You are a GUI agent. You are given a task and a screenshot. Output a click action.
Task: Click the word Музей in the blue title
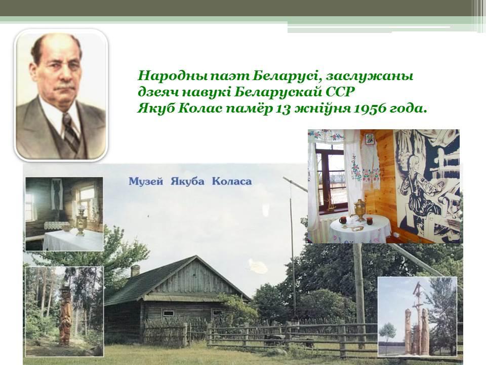pos(146,181)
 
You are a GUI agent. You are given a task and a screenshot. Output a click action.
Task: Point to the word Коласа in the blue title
pos(232,181)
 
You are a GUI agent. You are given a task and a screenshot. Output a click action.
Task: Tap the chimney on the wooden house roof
pos(135,271)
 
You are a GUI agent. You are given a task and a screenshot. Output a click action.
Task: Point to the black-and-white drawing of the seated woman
pos(427,186)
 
